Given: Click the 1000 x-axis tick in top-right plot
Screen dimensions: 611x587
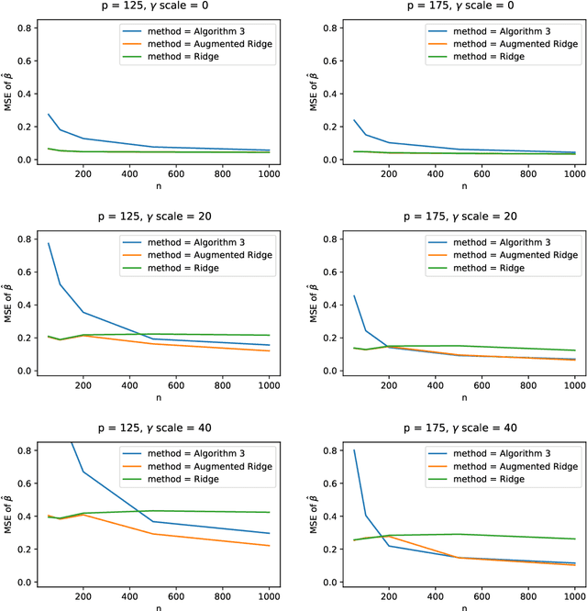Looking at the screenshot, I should [574, 172].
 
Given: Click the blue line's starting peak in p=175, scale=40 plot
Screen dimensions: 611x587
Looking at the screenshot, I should [354, 450].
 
